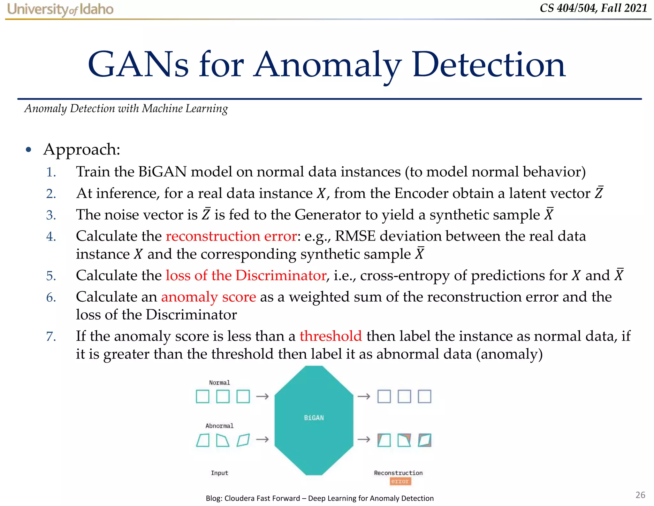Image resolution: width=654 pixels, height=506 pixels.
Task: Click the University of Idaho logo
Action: pos(60,9)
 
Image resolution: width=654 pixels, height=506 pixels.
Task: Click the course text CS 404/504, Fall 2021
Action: pos(593,8)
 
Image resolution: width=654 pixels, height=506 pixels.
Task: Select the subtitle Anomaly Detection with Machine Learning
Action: pos(126,109)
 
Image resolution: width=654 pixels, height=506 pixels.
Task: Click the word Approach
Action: pos(82,150)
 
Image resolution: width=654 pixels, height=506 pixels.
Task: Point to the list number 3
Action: pos(51,215)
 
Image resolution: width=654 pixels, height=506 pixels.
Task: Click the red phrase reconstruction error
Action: pos(231,236)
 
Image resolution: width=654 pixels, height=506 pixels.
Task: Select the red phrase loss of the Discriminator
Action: pos(246,276)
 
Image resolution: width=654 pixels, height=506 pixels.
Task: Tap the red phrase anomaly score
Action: pos(208,297)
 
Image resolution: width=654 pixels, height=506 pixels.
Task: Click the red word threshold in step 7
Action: pos(331,336)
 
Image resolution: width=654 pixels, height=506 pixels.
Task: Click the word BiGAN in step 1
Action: pos(163,172)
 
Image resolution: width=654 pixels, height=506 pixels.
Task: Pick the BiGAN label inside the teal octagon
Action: pos(314,418)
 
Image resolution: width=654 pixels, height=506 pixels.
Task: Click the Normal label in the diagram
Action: pos(219,383)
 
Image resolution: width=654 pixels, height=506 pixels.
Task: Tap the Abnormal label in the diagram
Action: pos(219,426)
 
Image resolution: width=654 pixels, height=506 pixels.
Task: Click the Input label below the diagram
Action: pos(219,473)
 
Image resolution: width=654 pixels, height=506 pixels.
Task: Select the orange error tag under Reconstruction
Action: pos(400,481)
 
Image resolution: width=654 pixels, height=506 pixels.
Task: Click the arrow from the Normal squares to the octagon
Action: pos(262,397)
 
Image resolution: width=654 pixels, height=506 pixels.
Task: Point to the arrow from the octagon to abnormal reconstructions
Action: pos(364,439)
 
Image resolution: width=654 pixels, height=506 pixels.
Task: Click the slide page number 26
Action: pos(640,495)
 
